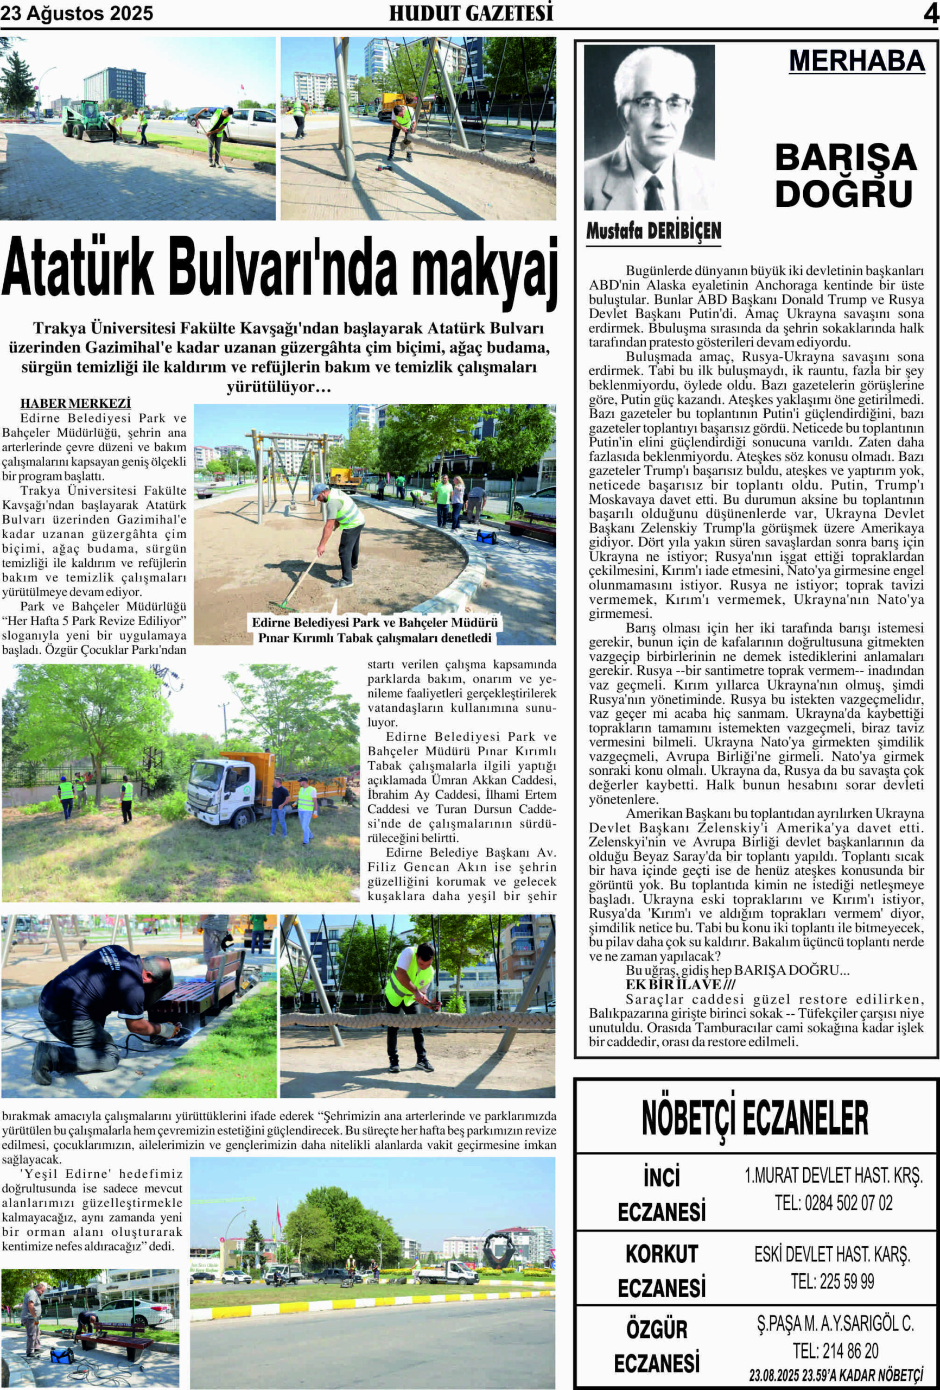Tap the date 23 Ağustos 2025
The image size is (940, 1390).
tap(77, 13)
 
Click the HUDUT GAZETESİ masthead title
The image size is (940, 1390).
tap(471, 13)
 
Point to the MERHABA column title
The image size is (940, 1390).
tap(856, 61)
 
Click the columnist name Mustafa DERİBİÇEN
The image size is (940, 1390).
tap(653, 231)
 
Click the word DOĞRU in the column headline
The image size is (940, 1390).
tap(843, 194)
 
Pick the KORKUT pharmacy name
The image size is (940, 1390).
tap(662, 1254)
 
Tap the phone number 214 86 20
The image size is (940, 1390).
tap(835, 1350)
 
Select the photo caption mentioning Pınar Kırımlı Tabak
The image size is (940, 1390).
tap(375, 630)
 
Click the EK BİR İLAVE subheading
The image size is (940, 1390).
tap(680, 985)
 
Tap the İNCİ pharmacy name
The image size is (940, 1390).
tap(662, 1177)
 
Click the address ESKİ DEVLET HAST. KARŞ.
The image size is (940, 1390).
tap(832, 1254)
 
